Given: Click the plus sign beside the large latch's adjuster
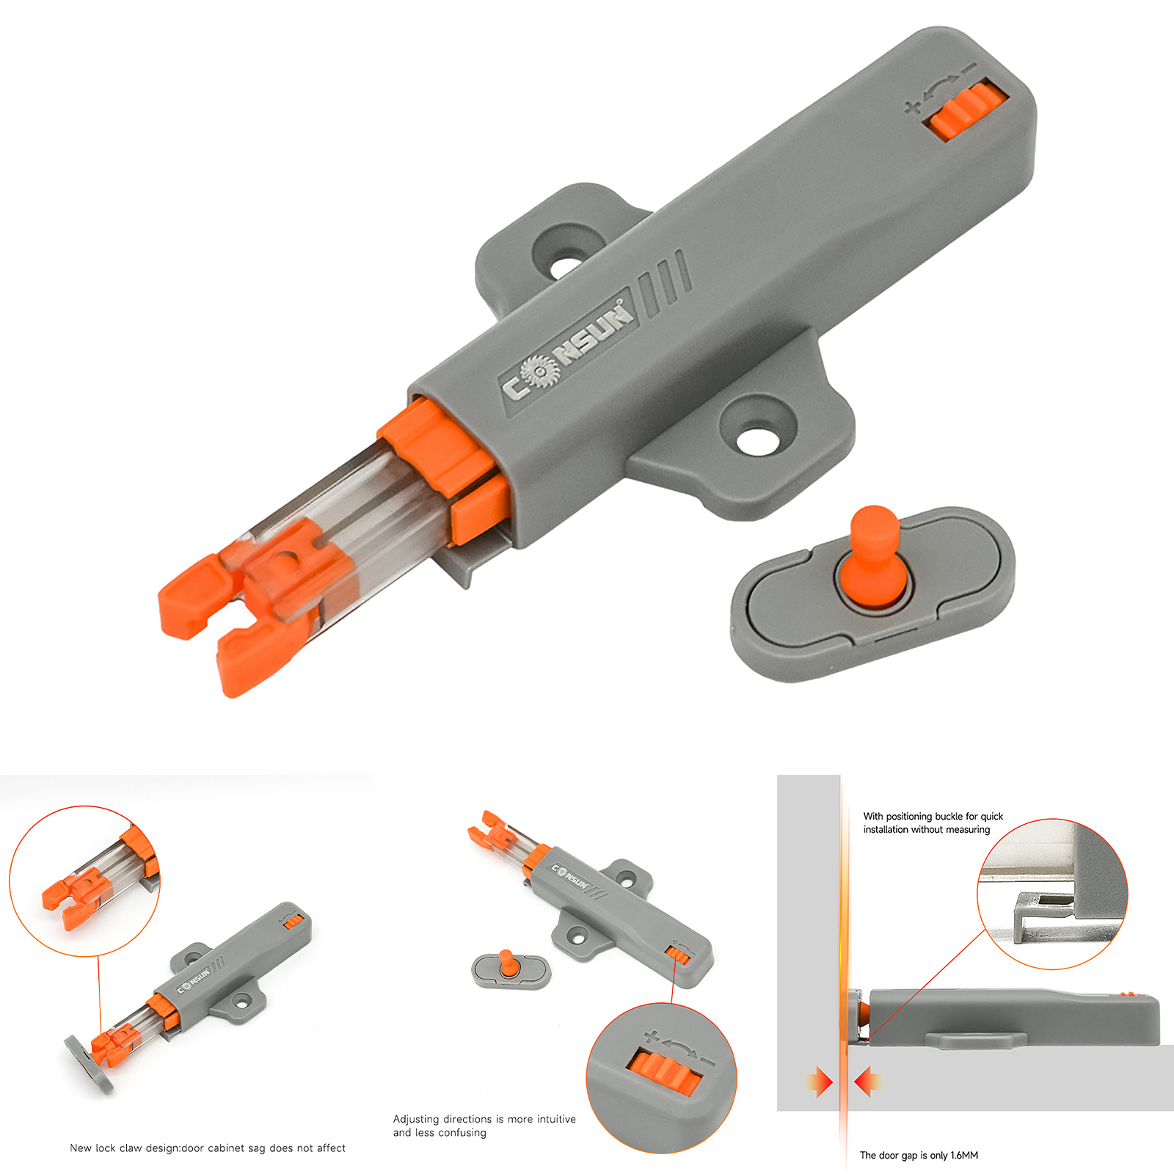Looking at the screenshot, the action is tap(913, 107).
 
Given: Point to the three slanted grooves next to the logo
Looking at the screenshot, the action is tap(664, 282).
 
